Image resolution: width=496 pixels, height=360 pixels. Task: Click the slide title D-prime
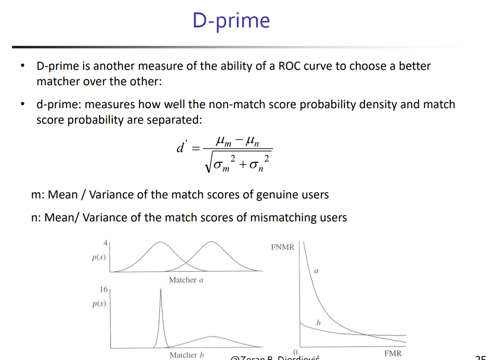point(231,20)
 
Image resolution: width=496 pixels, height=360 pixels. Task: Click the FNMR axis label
point(282,247)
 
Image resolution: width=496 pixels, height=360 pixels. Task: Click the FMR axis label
point(393,353)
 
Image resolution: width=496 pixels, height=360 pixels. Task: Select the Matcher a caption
point(186,280)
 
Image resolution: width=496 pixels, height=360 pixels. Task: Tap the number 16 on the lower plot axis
point(104,289)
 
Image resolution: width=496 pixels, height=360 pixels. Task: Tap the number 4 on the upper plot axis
point(105,243)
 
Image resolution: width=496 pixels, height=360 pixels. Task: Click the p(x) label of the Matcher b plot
point(98,304)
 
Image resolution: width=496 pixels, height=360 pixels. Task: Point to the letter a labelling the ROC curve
point(316,270)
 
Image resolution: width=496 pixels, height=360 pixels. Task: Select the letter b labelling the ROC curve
point(317,324)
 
